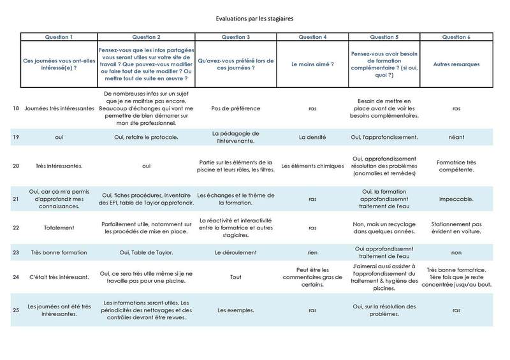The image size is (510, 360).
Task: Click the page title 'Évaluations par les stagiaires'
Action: click(255, 20)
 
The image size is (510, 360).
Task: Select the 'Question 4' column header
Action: click(312, 37)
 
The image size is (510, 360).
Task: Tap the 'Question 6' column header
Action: click(456, 37)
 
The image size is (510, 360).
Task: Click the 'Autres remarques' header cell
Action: click(456, 64)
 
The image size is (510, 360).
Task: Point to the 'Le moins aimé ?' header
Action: click(312, 64)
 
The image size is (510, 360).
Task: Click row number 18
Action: click(15, 108)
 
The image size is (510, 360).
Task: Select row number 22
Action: click(15, 226)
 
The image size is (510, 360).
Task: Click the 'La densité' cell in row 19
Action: click(312, 136)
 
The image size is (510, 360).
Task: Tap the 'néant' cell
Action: click(456, 136)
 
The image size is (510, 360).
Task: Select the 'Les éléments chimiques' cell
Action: click(312, 166)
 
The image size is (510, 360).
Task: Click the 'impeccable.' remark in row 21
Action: click(456, 199)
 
